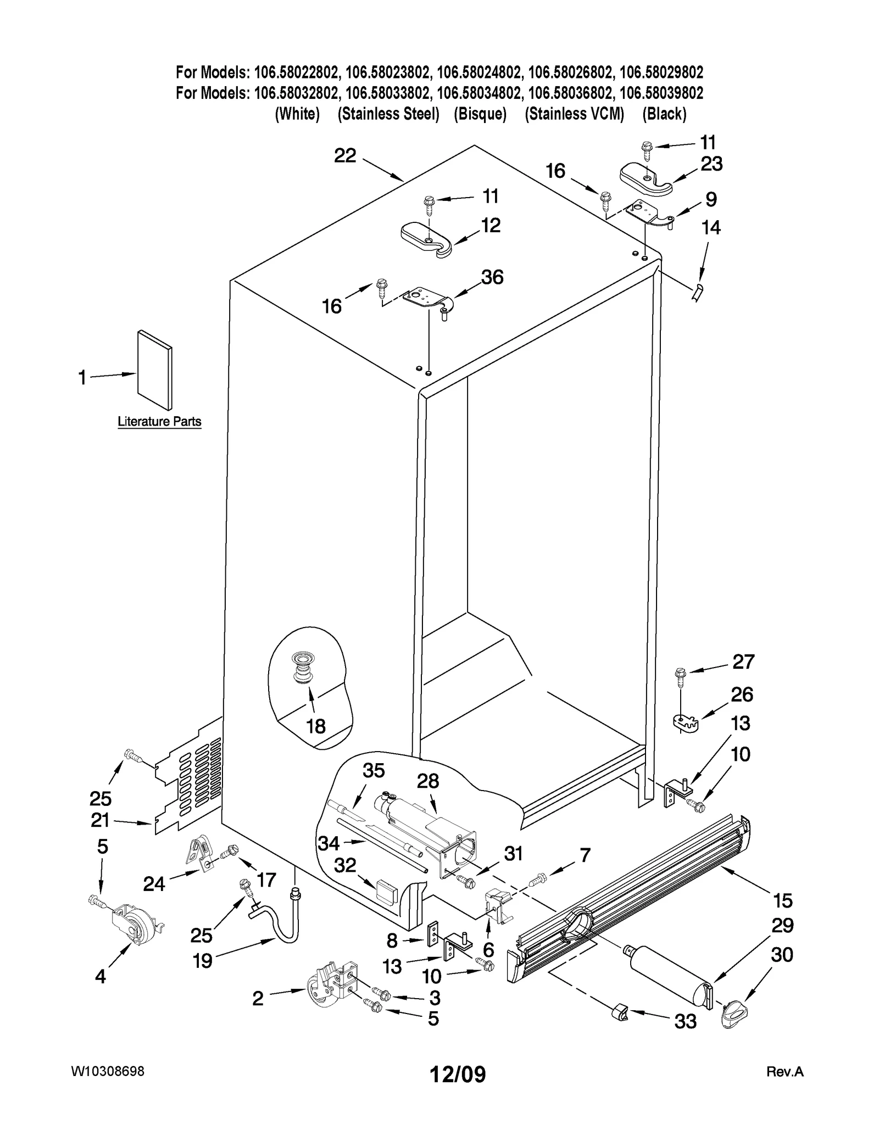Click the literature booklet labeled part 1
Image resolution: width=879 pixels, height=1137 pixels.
154,370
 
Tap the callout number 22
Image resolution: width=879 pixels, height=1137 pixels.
345,156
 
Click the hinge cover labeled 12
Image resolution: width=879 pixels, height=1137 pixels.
426,239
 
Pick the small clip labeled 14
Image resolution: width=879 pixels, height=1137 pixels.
698,292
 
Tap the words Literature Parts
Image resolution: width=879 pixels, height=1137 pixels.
159,422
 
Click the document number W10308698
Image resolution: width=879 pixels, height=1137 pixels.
108,1071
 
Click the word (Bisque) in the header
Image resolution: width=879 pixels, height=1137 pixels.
480,114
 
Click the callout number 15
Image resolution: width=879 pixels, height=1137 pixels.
783,900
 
